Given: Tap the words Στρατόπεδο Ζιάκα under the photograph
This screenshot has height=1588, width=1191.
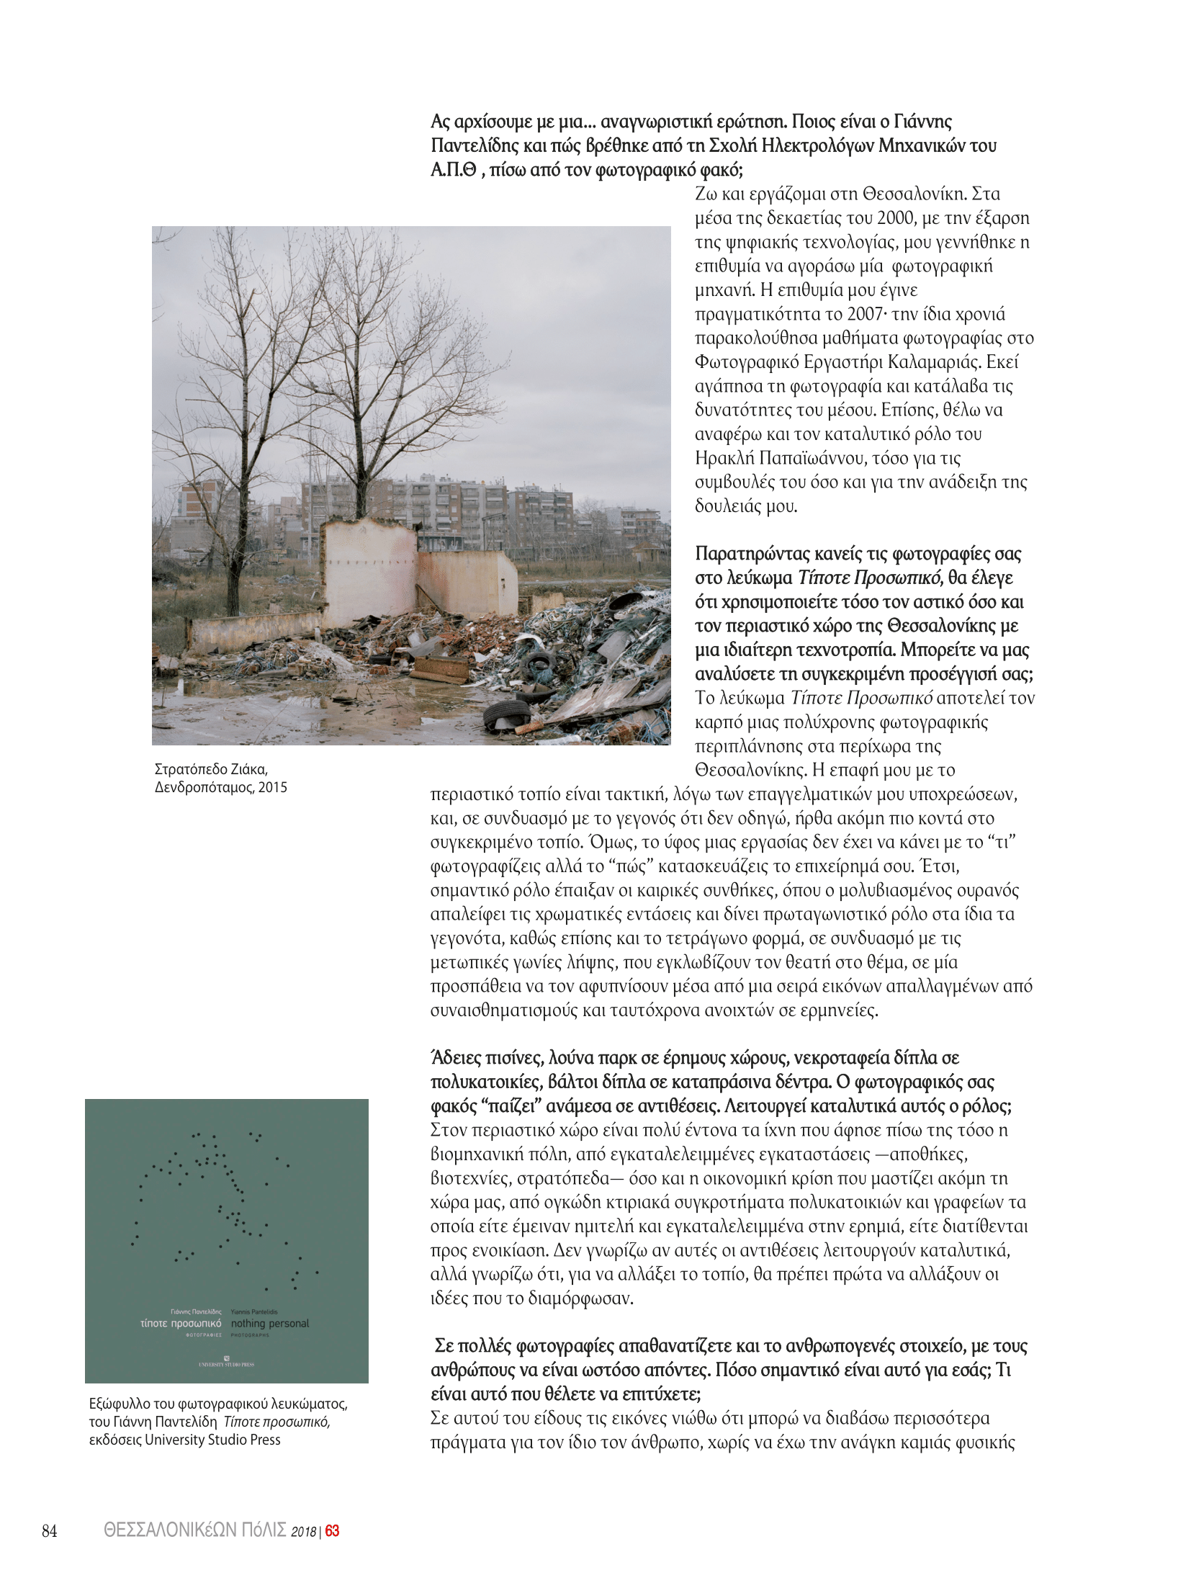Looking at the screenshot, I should click(211, 769).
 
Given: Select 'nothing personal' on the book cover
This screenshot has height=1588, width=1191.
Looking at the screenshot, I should click(269, 1323).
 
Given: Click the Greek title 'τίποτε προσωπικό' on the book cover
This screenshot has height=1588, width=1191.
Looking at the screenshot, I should click(181, 1323).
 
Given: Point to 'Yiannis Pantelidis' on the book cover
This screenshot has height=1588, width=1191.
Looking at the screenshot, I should click(253, 1311).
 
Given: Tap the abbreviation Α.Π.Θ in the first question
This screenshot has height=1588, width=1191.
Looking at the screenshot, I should click(453, 170).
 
